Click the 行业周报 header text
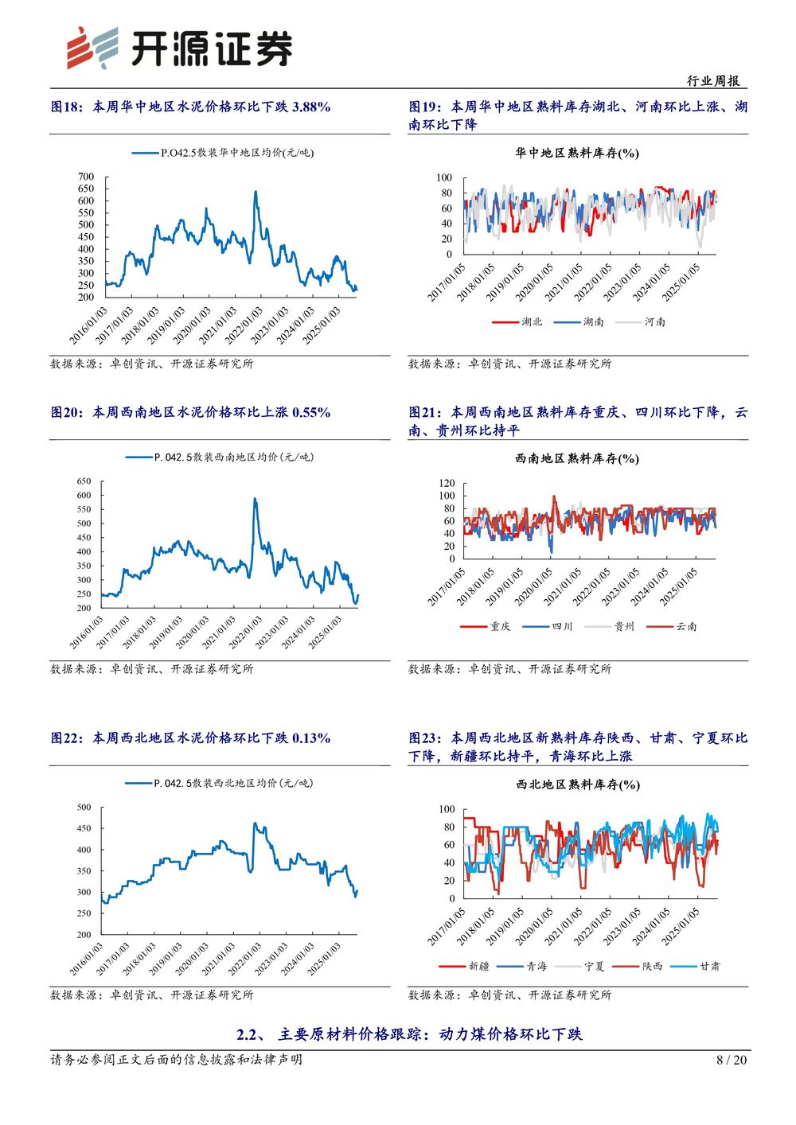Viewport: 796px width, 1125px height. (x=713, y=80)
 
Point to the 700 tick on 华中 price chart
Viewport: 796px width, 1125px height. (x=86, y=177)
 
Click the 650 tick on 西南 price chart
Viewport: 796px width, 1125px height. (x=84, y=481)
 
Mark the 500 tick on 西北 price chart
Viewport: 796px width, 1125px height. (x=84, y=808)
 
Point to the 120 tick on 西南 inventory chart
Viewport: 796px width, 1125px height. (x=447, y=483)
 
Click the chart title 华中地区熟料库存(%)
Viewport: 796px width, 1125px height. (x=577, y=153)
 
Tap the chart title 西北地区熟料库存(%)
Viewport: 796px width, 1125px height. (x=577, y=784)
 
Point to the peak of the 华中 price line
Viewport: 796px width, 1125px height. (x=256, y=191)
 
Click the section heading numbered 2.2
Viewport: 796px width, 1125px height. (x=409, y=1034)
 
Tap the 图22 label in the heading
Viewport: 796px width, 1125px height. (x=67, y=738)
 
